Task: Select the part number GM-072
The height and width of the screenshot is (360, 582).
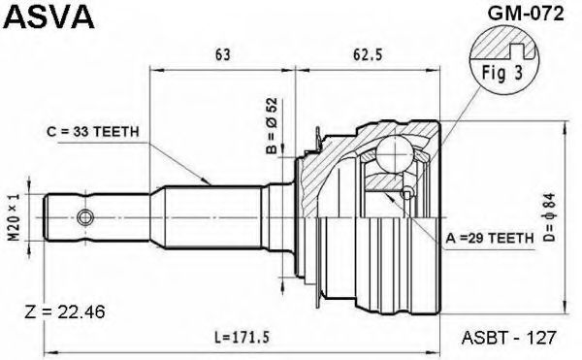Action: (525, 15)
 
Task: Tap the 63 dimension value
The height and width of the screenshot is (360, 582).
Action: (222, 55)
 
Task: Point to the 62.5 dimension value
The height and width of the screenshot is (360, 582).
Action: (368, 55)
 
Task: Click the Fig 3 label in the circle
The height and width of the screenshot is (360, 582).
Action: (502, 73)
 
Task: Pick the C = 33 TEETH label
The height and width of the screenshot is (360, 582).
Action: (93, 131)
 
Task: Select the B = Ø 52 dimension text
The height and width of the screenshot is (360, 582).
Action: (272, 125)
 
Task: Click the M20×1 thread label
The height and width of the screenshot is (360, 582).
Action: (15, 217)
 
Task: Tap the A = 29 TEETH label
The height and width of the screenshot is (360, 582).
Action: (490, 238)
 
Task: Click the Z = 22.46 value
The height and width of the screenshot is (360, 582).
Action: (65, 312)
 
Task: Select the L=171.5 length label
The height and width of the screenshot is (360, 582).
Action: (242, 338)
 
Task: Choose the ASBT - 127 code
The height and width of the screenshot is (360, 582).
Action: (509, 338)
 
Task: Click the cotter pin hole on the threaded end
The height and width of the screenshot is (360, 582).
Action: (85, 217)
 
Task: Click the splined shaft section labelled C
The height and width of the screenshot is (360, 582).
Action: (212, 217)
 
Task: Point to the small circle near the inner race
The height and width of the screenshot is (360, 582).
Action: (407, 193)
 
